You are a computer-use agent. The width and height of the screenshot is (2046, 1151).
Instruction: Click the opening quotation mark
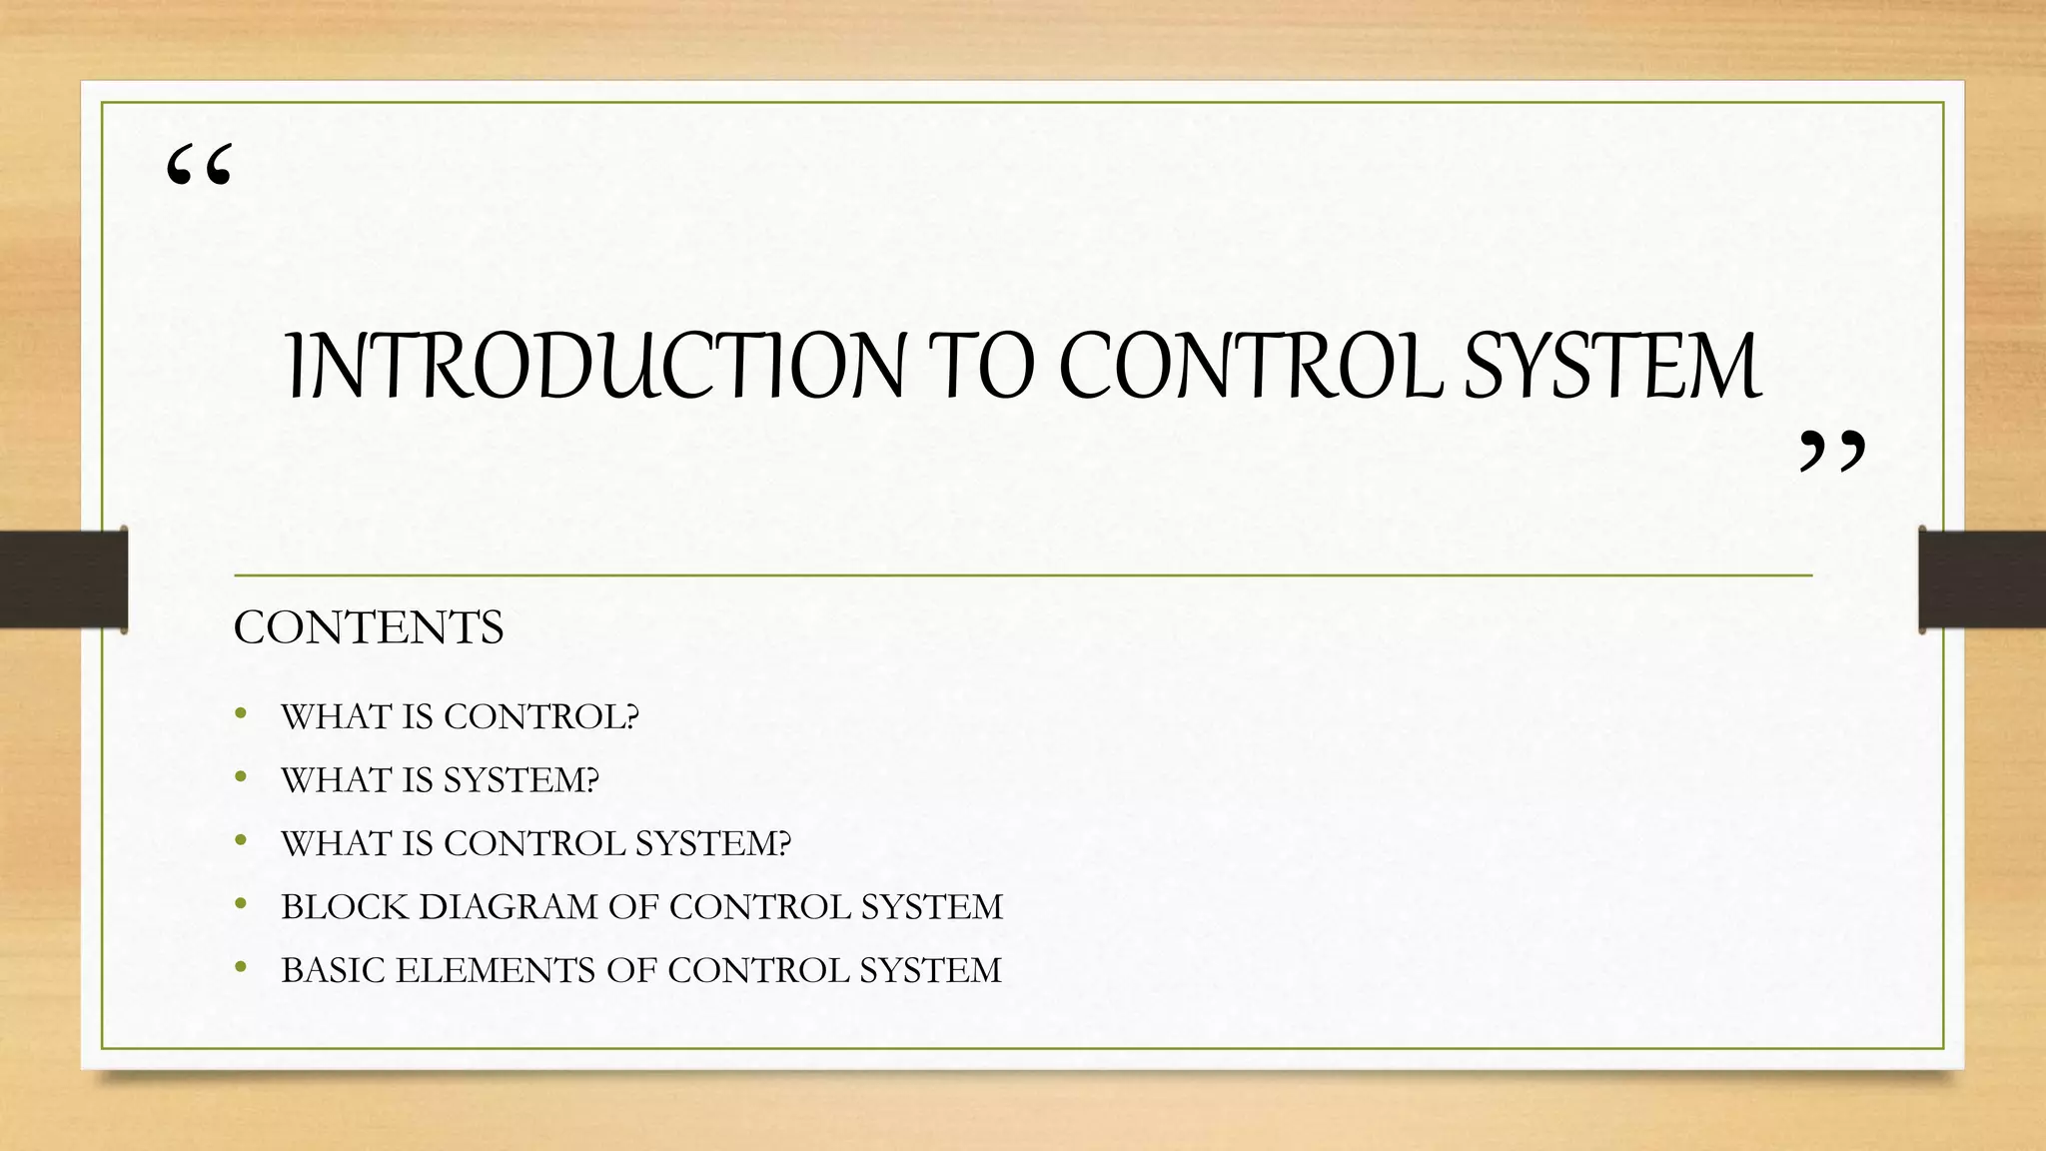(x=200, y=166)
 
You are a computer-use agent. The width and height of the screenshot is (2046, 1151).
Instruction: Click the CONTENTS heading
(x=369, y=627)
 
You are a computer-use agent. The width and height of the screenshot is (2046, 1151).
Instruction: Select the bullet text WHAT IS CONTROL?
(x=460, y=716)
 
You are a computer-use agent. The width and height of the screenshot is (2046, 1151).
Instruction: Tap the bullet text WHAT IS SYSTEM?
(x=440, y=780)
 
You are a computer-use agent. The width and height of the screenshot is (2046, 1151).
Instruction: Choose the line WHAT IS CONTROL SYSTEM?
(x=535, y=843)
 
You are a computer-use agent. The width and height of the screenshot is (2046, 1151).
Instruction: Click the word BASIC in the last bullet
(x=331, y=970)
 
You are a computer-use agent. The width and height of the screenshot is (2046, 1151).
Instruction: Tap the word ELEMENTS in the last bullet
(x=495, y=970)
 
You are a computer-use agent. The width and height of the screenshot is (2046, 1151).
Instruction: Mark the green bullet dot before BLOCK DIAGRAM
(x=240, y=905)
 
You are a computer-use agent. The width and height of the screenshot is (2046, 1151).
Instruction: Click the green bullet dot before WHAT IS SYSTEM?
(x=240, y=778)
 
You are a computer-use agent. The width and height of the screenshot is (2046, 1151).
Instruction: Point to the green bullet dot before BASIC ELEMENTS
(x=240, y=968)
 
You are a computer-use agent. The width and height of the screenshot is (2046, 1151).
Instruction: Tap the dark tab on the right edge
(x=1982, y=579)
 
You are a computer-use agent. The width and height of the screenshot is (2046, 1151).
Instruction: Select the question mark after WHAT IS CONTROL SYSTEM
(x=783, y=843)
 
